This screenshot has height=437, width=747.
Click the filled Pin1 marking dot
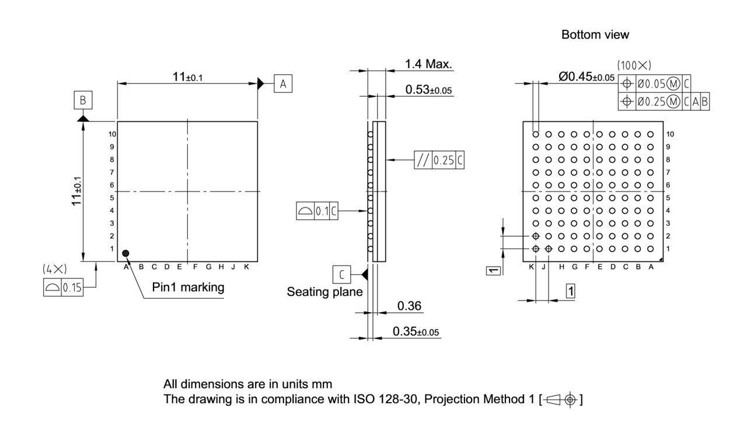[125, 253]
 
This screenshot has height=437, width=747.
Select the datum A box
[283, 84]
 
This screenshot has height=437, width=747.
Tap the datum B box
[83, 101]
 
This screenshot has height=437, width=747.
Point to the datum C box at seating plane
[341, 273]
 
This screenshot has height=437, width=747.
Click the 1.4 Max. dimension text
[429, 65]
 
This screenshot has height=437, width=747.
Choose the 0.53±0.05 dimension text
[429, 90]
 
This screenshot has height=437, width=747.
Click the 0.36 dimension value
[409, 306]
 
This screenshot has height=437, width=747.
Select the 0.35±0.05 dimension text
[416, 331]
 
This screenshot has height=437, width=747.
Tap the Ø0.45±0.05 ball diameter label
[586, 77]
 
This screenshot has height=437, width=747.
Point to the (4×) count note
[55, 269]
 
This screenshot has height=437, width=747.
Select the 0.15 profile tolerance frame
[63, 288]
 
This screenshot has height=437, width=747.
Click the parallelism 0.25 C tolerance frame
[439, 160]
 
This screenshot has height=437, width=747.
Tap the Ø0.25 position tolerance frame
[664, 102]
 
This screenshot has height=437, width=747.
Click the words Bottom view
[595, 35]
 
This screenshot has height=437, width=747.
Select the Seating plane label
[324, 292]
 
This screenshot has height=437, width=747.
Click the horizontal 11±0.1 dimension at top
[187, 78]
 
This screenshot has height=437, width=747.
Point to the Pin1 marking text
[188, 288]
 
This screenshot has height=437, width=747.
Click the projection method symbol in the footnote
[561, 400]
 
